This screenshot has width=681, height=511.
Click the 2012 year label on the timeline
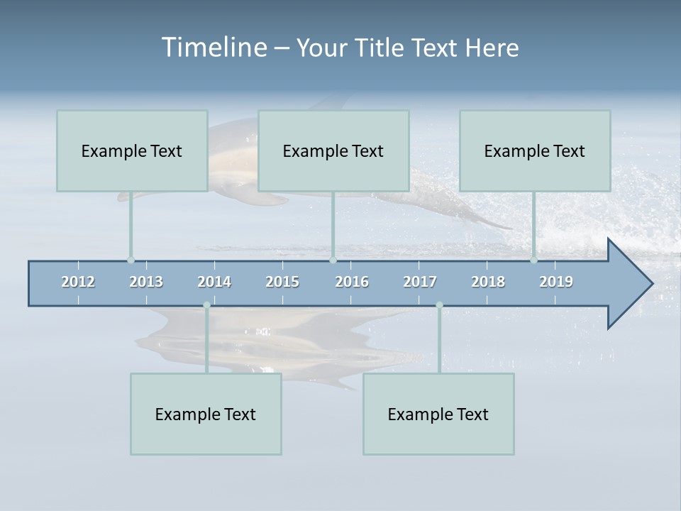[x=78, y=282]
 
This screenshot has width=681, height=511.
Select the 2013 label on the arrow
[x=146, y=282]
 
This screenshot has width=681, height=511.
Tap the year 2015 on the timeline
[x=282, y=282]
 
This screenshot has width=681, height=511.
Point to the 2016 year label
[x=352, y=282]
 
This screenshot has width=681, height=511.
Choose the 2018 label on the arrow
[x=488, y=282]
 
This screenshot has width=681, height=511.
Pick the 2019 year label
[x=556, y=282]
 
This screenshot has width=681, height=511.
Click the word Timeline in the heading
[x=214, y=48]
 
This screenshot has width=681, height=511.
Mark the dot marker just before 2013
[x=131, y=260]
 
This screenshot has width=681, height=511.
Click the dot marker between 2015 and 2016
[x=333, y=260]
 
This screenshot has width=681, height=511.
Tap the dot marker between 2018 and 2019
[x=533, y=260]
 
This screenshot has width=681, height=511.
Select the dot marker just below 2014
[x=206, y=305]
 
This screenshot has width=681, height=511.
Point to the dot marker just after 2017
[x=439, y=305]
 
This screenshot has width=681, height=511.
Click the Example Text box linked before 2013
[x=132, y=151]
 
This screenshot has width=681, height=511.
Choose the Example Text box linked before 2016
[x=333, y=151]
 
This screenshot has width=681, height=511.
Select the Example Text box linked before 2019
[x=535, y=151]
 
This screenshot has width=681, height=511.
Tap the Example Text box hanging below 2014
[x=206, y=414]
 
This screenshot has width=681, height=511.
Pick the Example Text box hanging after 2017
[x=438, y=414]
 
